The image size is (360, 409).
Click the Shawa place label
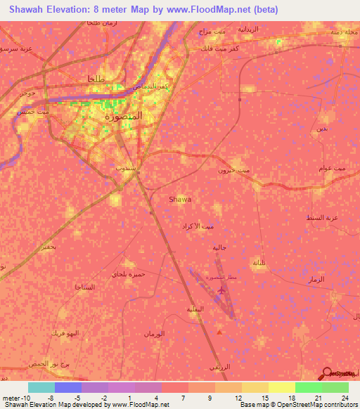click(x=180, y=200)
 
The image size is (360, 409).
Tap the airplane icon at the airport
click(x=222, y=290)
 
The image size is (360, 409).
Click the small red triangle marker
click(x=221, y=332)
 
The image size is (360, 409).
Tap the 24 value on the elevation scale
click(x=345, y=398)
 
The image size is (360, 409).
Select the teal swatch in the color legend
click(x=41, y=388)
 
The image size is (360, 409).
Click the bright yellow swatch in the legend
click(x=282, y=388)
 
